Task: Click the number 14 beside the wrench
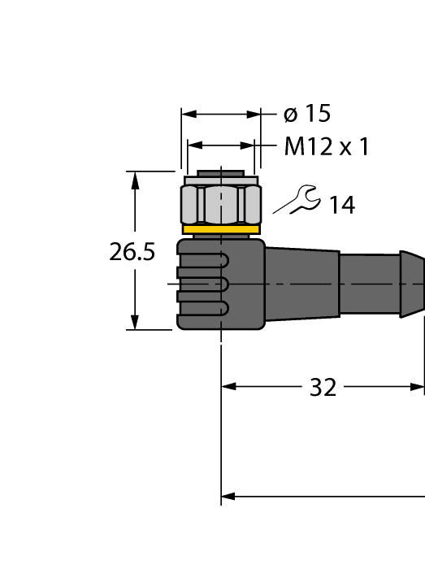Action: coord(342,206)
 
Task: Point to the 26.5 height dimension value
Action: coord(132,252)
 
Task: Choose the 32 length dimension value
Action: coord(323,388)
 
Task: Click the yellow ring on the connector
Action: coord(220,230)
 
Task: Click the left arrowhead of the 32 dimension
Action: coord(228,387)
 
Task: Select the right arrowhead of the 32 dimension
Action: coord(418,387)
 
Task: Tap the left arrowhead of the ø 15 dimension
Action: coord(188,115)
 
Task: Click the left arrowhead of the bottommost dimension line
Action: coord(228,495)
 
